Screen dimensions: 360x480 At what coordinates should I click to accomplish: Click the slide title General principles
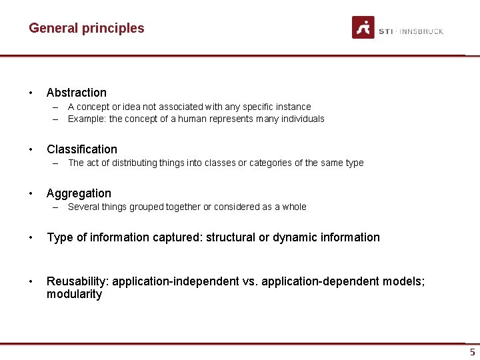86,28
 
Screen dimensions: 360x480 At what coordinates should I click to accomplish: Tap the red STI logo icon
363,27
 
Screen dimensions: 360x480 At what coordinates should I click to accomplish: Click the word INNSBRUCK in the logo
421,31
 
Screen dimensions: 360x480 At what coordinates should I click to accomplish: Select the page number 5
472,352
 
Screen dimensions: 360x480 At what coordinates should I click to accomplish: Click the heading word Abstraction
77,93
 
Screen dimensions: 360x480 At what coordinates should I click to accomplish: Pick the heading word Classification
81,149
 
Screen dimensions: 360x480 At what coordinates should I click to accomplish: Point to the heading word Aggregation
79,193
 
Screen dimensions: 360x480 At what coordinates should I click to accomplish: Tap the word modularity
74,295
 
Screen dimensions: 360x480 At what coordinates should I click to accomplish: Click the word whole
294,207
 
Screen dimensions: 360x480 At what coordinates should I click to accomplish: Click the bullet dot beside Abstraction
31,93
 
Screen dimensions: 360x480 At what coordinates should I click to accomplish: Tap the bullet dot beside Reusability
31,281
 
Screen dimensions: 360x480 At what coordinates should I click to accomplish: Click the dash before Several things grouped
58,207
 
